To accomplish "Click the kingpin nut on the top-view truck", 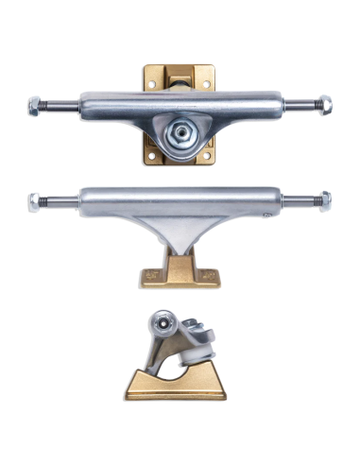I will [179, 134].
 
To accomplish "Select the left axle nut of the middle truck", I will [35, 199].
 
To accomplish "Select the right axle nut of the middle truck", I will [325, 199].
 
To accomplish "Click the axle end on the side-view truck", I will [163, 326].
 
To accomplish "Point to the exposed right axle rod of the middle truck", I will [300, 199].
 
